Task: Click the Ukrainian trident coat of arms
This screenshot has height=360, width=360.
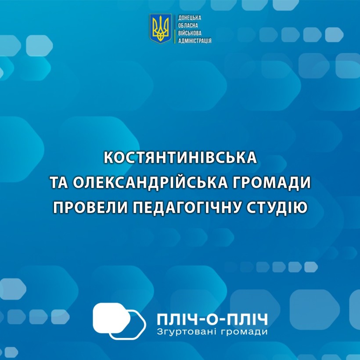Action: [161, 28]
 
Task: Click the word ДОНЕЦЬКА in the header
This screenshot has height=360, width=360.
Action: [190, 18]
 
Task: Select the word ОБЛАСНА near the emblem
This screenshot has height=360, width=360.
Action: [188, 25]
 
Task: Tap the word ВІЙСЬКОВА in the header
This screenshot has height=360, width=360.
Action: [190, 33]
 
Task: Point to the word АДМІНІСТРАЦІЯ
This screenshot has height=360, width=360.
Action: [194, 41]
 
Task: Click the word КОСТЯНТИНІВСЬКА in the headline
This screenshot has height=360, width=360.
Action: [180, 158]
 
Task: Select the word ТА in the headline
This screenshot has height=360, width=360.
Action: [59, 183]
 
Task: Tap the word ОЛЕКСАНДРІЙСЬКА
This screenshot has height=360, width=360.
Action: [150, 183]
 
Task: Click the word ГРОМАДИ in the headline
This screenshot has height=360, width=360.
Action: [271, 183]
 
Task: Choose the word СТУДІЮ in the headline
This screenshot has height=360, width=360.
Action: [277, 207]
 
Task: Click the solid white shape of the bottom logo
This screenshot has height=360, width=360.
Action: [112, 318]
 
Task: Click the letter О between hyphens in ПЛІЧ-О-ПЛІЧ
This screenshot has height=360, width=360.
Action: [212, 319]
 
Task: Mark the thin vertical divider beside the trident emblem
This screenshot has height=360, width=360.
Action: [175, 29]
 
